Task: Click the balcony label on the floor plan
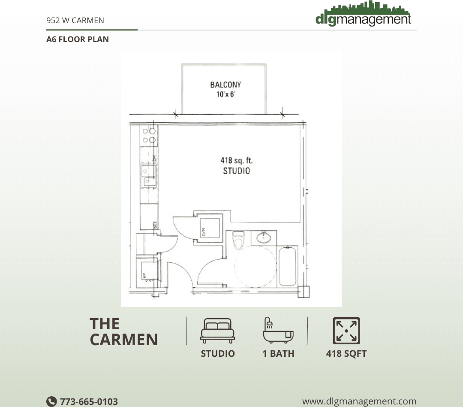(x=225, y=85)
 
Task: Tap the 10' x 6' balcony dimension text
(x=225, y=94)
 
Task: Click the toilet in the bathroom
(x=238, y=240)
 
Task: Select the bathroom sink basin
(x=264, y=237)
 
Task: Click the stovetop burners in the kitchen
(x=149, y=135)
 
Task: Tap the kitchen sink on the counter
(x=148, y=176)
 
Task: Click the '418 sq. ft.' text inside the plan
(x=236, y=161)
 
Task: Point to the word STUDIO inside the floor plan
(x=236, y=171)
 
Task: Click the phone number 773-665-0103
(x=89, y=401)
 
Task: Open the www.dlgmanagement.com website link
(x=359, y=401)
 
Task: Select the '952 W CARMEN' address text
(x=75, y=20)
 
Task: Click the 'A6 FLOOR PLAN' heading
(x=78, y=39)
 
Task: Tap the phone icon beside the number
(x=51, y=401)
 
